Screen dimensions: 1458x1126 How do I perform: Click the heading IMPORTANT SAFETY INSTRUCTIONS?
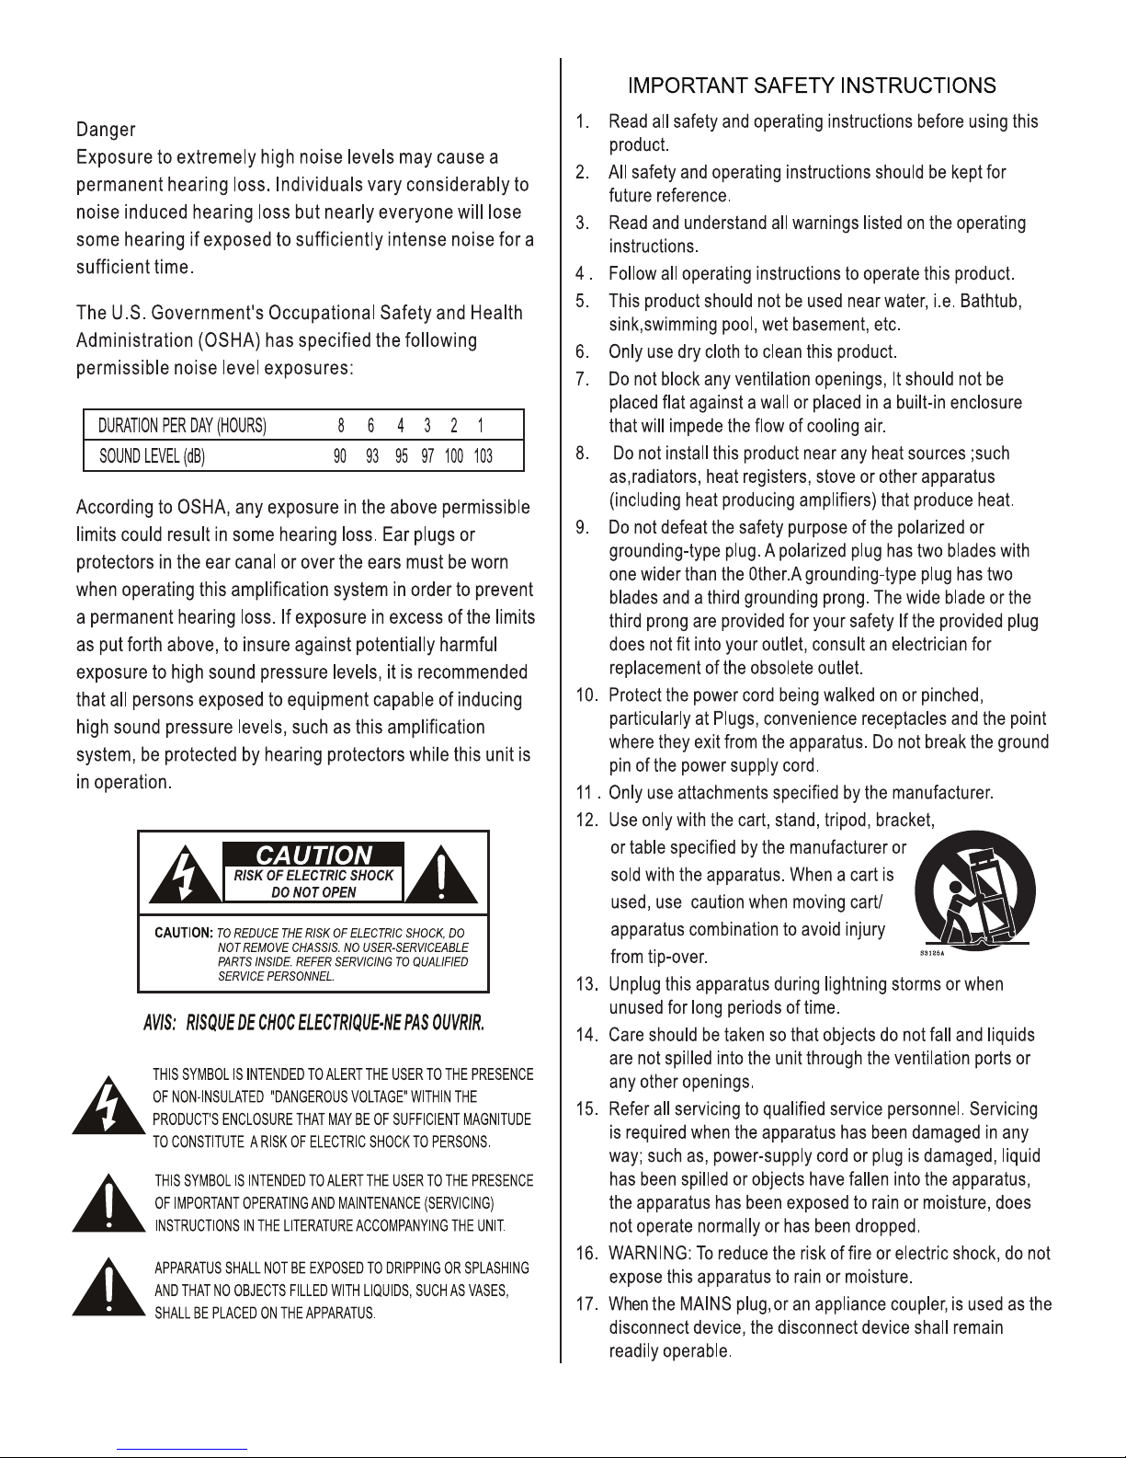pyautogui.click(x=812, y=86)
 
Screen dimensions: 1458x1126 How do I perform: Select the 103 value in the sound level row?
pyautogui.click(x=483, y=456)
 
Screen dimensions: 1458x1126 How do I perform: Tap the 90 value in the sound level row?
pyautogui.click(x=340, y=456)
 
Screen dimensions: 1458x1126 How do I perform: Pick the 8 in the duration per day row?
pyautogui.click(x=341, y=426)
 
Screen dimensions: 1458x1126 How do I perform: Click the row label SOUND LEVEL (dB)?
pyautogui.click(x=153, y=456)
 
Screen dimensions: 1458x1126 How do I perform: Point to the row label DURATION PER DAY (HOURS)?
pyautogui.click(x=182, y=426)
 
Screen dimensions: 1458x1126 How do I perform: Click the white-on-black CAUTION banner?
pyautogui.click(x=313, y=855)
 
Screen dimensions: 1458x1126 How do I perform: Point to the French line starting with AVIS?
pyautogui.click(x=313, y=1024)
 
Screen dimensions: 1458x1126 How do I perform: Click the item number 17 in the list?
pyautogui.click(x=587, y=1303)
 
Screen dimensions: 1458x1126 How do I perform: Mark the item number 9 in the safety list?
pyautogui.click(x=582, y=527)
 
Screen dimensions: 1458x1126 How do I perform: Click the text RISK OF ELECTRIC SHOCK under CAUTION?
pyautogui.click(x=313, y=876)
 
